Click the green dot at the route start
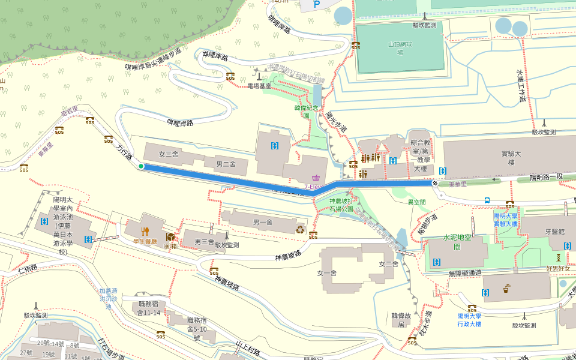(141, 166)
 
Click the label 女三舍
(169, 154)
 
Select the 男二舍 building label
(226, 164)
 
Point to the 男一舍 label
(263, 222)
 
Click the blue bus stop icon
(487, 200)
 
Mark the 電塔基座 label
(263, 86)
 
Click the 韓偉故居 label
(401, 319)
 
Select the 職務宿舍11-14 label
(149, 308)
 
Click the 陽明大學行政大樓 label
(469, 320)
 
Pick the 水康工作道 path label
(521, 85)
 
